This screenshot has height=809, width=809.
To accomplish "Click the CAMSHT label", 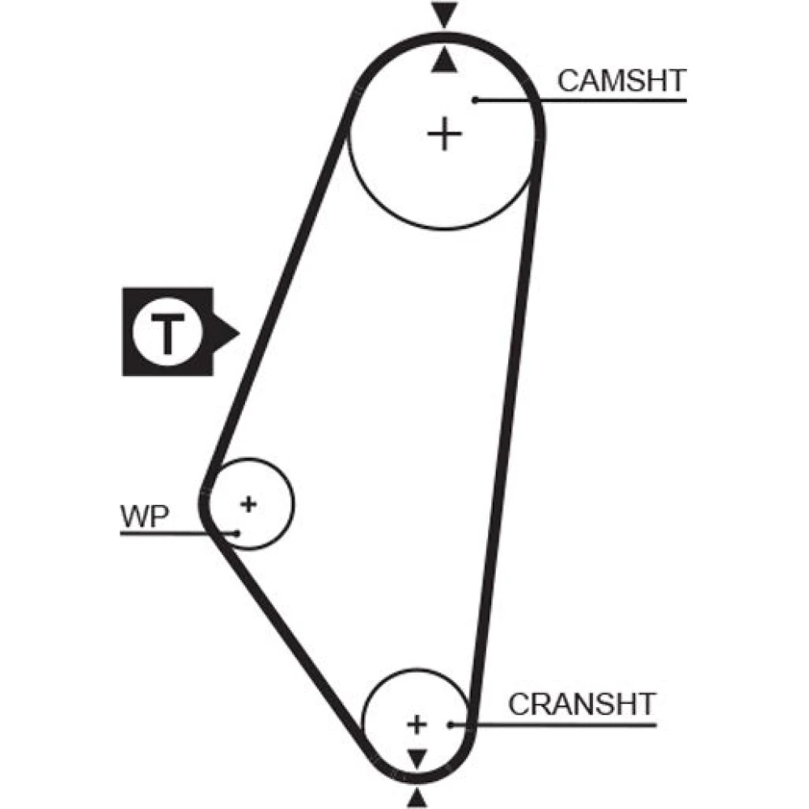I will [x=621, y=81].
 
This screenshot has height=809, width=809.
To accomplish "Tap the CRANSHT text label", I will [x=581, y=704].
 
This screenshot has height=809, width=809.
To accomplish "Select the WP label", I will [x=144, y=516].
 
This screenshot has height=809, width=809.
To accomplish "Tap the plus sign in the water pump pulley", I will [x=248, y=504].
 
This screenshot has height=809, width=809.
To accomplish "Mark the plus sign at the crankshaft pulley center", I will [x=417, y=723].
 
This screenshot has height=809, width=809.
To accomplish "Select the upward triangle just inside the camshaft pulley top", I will [x=443, y=61].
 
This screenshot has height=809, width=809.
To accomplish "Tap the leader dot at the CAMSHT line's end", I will [x=477, y=100].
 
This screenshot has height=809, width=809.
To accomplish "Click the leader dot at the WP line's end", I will [x=237, y=532].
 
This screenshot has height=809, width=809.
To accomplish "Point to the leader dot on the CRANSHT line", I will [x=450, y=725].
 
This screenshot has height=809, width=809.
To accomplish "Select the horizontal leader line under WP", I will [x=162, y=533].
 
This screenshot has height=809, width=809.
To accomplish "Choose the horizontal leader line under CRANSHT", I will [x=566, y=725].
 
